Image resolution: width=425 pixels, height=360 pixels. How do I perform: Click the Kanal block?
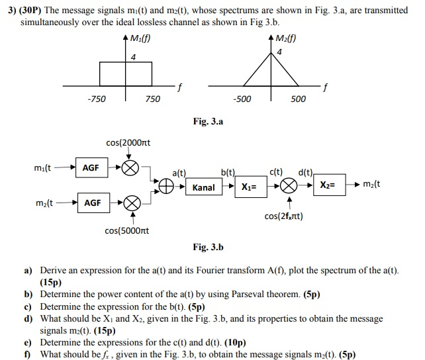pos(203,187)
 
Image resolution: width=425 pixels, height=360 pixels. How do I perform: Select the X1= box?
pos(250,187)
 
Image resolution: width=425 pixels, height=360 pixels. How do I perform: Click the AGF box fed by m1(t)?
pos(91,167)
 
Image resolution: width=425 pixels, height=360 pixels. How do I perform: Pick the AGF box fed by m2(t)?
pos(93,202)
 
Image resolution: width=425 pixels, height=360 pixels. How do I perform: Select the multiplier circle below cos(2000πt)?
pos(129,167)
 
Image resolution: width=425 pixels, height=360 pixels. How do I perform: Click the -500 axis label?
pos(242,99)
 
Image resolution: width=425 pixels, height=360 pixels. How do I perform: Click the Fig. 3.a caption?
pos(208,122)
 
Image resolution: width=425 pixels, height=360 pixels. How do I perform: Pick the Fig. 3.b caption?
pos(208,247)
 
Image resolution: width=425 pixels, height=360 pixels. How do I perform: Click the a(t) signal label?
pos(179,173)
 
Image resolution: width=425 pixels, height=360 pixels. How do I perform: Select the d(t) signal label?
pos(306,173)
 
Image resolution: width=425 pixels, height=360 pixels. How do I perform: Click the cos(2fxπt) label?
pos(284,216)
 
